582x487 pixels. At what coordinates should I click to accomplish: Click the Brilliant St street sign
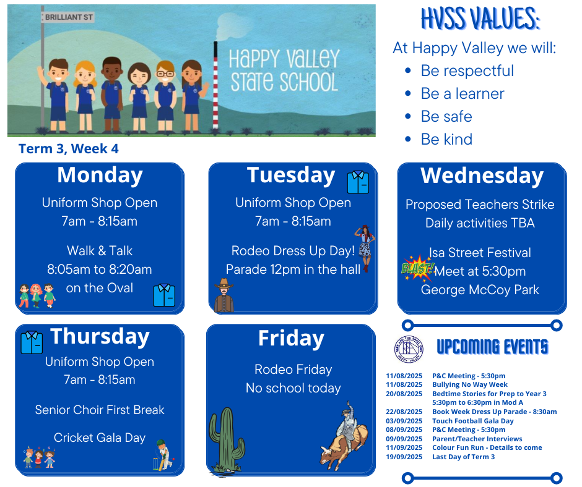pos(68,17)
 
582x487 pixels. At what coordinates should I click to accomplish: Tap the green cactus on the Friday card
pos(227,440)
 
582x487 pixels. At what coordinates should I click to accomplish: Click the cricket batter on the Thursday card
pos(163,455)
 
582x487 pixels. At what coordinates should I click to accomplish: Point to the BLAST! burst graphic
pos(418,267)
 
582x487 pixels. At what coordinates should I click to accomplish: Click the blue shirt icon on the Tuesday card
pos(358,182)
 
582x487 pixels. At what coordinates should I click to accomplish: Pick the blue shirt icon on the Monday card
pos(164,295)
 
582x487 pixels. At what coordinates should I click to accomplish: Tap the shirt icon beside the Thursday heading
pos(32,342)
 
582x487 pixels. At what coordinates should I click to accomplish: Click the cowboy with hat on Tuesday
pos(224,295)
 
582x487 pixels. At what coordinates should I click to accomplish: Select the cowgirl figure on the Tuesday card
pos(365,248)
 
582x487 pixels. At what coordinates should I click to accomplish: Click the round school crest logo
pos(408,349)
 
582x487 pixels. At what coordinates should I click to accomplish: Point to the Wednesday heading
pos(482,176)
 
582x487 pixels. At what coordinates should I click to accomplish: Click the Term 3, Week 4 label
pos(69,148)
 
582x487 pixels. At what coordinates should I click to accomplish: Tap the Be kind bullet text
pos(446,139)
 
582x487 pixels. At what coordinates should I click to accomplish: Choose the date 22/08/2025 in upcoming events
pos(404,412)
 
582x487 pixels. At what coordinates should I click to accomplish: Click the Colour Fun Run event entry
pos(487,447)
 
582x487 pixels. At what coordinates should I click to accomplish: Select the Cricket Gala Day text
pos(100,438)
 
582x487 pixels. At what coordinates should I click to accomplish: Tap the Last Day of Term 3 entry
pos(463,457)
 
